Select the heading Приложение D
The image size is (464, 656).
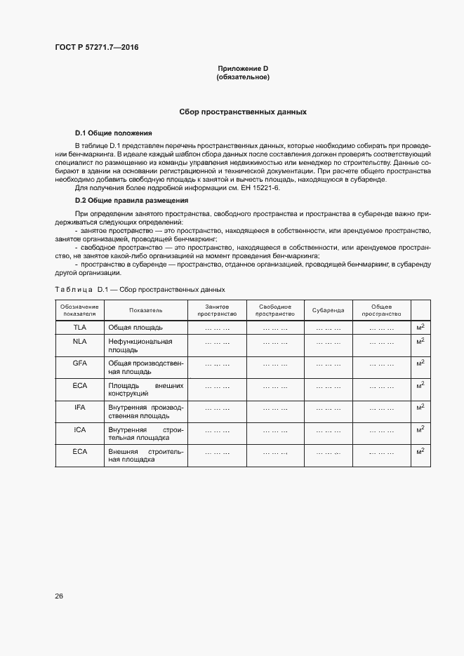[243, 68]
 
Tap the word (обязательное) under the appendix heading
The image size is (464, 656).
[243, 77]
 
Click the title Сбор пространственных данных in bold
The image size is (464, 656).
[243, 112]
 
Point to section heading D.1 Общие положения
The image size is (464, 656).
[113, 133]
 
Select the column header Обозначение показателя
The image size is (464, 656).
[80, 310]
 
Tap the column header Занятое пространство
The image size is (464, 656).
[217, 310]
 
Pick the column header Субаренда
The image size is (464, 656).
[329, 310]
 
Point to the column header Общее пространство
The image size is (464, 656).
[381, 310]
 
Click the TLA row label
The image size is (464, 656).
[80, 327]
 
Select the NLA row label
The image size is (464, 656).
[80, 341]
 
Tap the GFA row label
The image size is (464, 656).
[80, 363]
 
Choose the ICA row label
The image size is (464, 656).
[80, 429]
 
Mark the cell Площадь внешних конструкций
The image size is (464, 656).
[145, 389]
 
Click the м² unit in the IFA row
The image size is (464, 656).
[420, 407]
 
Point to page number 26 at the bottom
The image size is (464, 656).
[59, 596]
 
